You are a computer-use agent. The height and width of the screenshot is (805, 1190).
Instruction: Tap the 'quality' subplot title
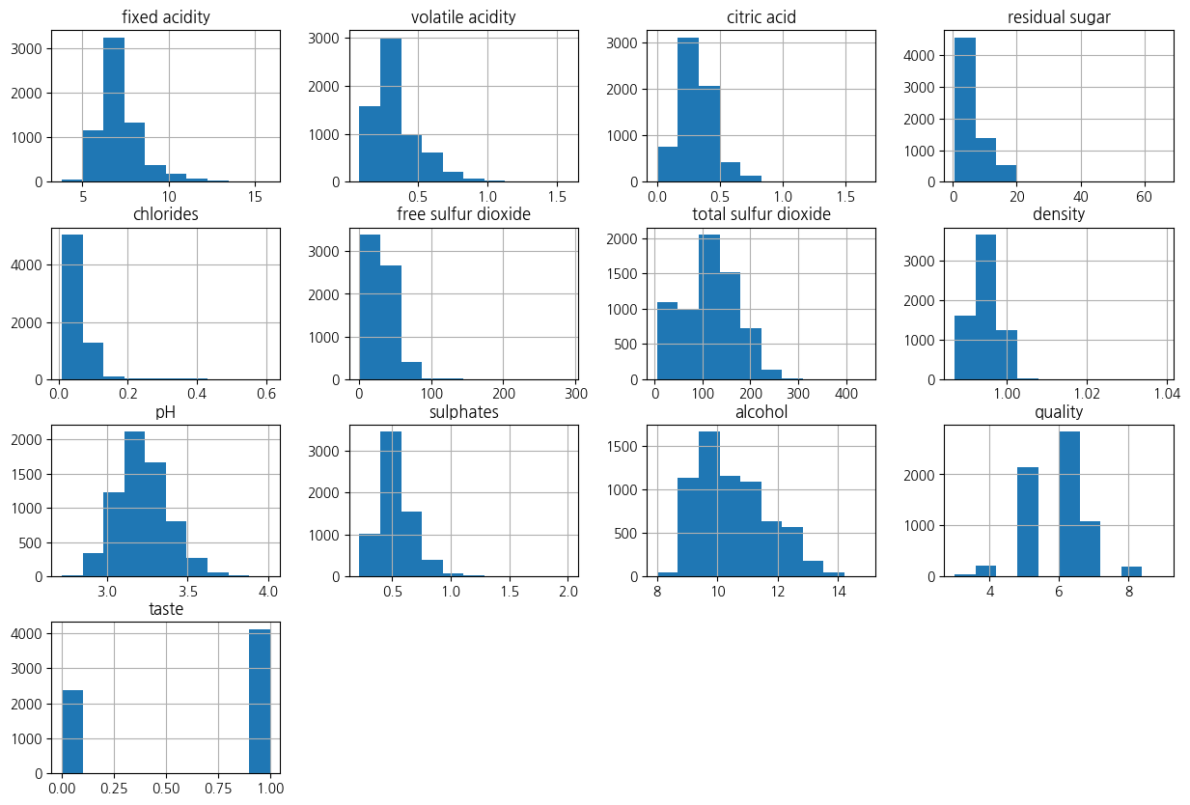point(1058,412)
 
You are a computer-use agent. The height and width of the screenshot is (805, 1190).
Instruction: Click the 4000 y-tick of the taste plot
point(30,634)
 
